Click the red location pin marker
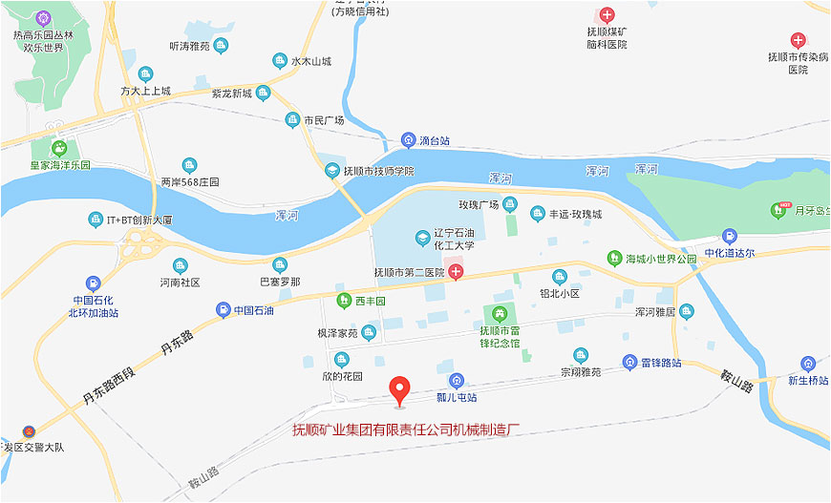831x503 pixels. coord(400,389)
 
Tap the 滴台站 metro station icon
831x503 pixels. coord(409,140)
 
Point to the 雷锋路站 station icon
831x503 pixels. coord(629,363)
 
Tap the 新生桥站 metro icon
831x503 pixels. coord(809,364)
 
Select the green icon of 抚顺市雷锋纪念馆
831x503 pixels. coord(498,313)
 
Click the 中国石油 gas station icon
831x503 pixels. coord(223,309)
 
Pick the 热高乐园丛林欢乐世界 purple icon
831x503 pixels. coord(42,18)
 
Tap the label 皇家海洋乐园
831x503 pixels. coord(59,165)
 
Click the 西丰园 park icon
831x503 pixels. coord(344,302)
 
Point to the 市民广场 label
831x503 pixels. coord(324,120)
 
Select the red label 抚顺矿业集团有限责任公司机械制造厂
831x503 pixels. coord(405,430)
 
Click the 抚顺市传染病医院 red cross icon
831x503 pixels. coord(799,40)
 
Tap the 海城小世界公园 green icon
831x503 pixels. coord(615,257)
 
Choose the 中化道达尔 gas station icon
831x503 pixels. coord(730,236)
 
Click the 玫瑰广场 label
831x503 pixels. coord(479,204)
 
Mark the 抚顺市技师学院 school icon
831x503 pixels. coord(332,171)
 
